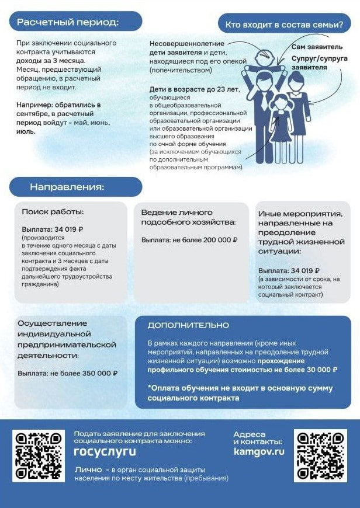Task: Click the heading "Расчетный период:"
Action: coord(68,22)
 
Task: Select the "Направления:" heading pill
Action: coord(67,187)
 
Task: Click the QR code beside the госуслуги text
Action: coord(39,456)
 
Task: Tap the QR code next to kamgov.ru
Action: coord(320,456)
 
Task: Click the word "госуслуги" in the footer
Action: coord(105,451)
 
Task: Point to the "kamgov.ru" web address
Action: coord(258,451)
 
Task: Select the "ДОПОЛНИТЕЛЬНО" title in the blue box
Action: coord(188,325)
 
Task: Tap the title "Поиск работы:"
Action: coord(53,212)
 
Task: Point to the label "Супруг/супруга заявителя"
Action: coord(319,63)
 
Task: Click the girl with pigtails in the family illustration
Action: coord(280,123)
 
